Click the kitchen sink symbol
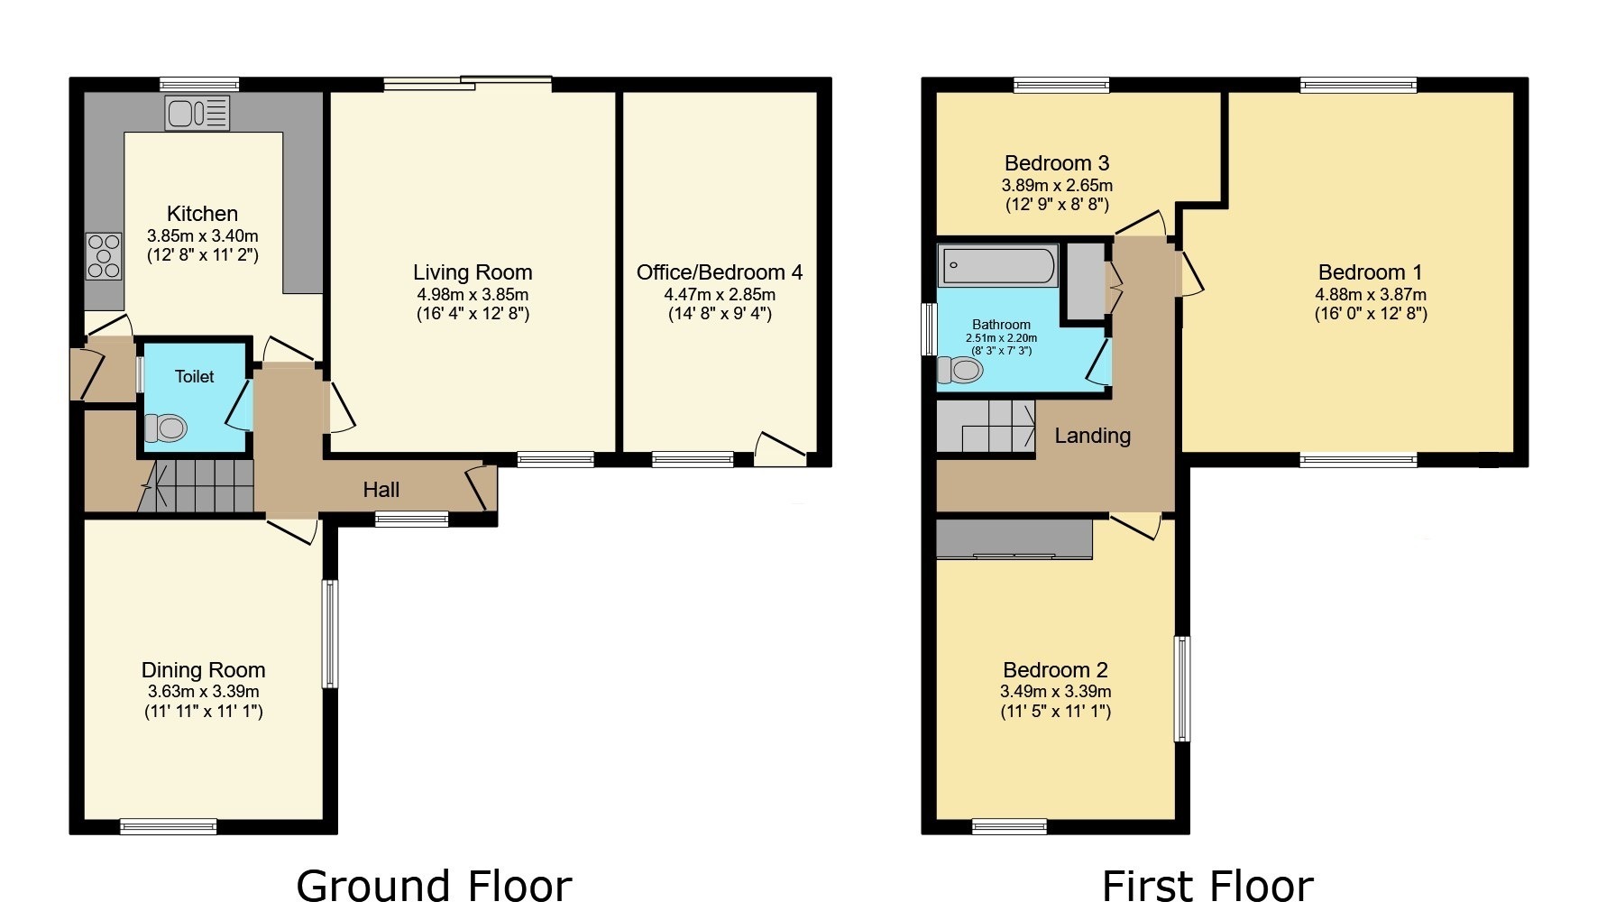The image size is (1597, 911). [197, 114]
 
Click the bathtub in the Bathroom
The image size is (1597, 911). [998, 266]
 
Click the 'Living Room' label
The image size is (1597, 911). [473, 272]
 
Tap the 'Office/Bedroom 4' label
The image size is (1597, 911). [719, 272]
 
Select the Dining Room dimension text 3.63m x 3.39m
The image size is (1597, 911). [203, 692]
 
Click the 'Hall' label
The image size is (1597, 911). [381, 490]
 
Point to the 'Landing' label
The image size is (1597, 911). [1092, 436]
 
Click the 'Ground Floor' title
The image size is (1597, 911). [433, 886]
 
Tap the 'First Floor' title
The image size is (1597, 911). [1207, 886]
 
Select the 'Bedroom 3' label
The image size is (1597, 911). [1057, 163]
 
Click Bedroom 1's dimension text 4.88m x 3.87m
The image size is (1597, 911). [1370, 294]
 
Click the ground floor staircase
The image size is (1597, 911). [198, 486]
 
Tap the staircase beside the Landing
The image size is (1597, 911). [986, 426]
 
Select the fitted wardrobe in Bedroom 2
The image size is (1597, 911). [1014, 538]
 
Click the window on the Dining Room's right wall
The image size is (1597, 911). [330, 633]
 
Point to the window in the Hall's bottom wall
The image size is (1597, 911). [411, 519]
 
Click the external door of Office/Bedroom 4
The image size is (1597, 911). [781, 449]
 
